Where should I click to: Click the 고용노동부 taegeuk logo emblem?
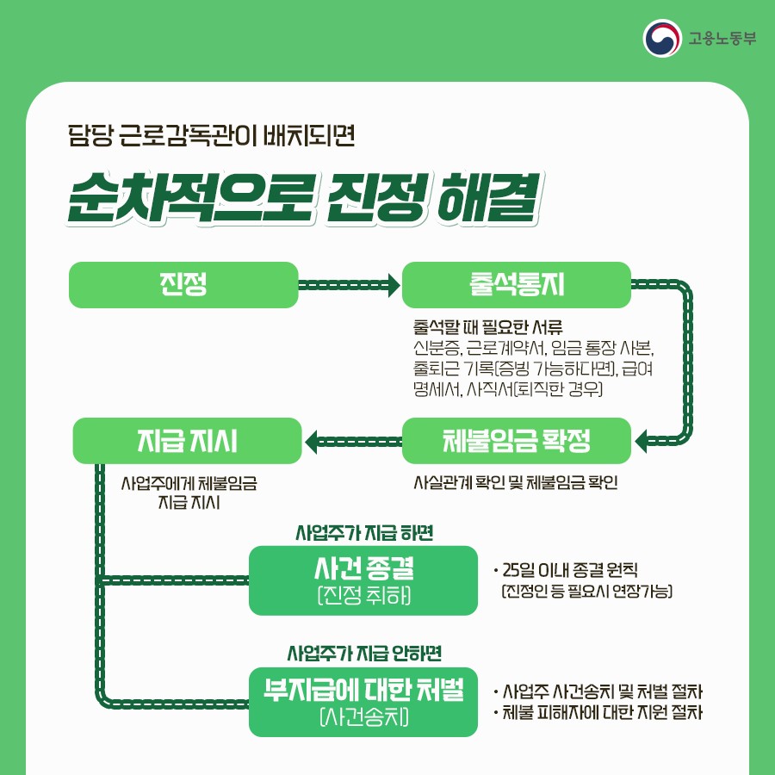(x=661, y=38)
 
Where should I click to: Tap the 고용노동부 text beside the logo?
(x=722, y=39)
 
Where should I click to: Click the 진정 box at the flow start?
(x=183, y=285)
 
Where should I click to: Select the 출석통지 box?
(x=517, y=285)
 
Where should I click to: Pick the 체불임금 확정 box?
(x=517, y=441)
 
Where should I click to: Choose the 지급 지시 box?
(x=188, y=441)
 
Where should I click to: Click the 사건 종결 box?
(x=363, y=580)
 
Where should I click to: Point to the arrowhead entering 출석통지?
(x=394, y=285)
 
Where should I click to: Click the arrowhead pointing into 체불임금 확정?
(x=642, y=442)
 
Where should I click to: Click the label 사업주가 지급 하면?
(x=363, y=532)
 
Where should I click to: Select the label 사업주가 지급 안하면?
(x=363, y=653)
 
